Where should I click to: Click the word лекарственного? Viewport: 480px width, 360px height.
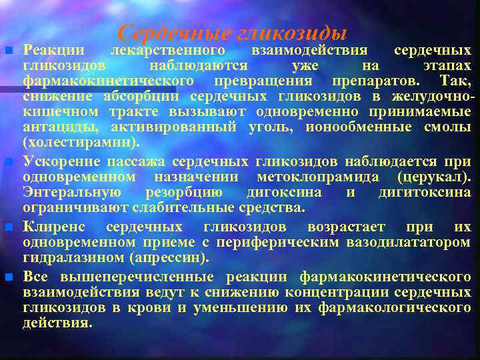pyautogui.click(x=167, y=51)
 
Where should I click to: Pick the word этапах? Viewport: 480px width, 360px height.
pyautogui.click(x=446, y=66)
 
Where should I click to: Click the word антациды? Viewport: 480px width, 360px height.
pyautogui.click(x=55, y=128)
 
